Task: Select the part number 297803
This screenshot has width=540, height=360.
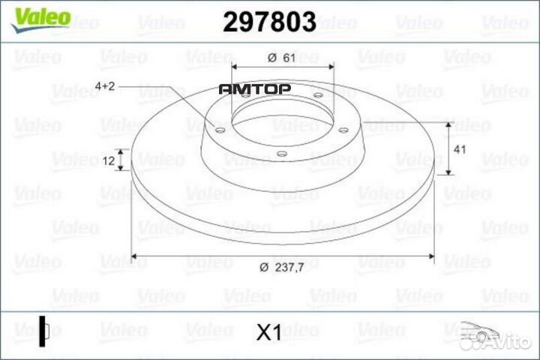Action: click(269, 23)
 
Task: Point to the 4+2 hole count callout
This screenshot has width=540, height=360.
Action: click(106, 87)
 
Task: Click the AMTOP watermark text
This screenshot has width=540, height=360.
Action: click(254, 88)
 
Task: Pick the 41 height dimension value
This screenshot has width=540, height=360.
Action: click(460, 149)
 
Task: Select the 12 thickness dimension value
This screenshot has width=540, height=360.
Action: click(109, 160)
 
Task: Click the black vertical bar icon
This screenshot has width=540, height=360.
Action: click(43, 331)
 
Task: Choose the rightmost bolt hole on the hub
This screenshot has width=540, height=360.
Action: click(342, 130)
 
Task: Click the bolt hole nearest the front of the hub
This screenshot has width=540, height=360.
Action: click(280, 154)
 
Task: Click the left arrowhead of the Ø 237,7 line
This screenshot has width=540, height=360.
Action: click(135, 256)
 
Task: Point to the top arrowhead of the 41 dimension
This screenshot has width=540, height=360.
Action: click(448, 124)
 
